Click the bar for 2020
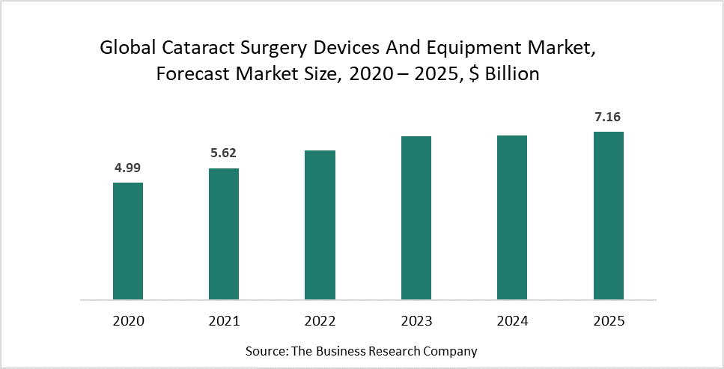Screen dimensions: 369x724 (128, 241)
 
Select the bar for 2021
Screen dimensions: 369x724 (224, 234)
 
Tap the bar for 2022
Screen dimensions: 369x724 (320, 225)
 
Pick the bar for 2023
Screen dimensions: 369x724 (416, 218)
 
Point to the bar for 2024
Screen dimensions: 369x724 (512, 218)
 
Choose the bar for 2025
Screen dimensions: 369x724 (609, 216)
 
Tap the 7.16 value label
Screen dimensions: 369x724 (609, 117)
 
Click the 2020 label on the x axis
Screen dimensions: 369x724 (128, 321)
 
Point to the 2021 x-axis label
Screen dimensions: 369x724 (224, 321)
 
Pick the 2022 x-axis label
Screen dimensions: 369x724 (320, 321)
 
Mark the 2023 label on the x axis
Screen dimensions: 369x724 (416, 321)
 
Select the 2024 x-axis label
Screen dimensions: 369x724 (512, 321)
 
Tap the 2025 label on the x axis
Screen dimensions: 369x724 (609, 321)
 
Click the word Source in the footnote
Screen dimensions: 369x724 (266, 350)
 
